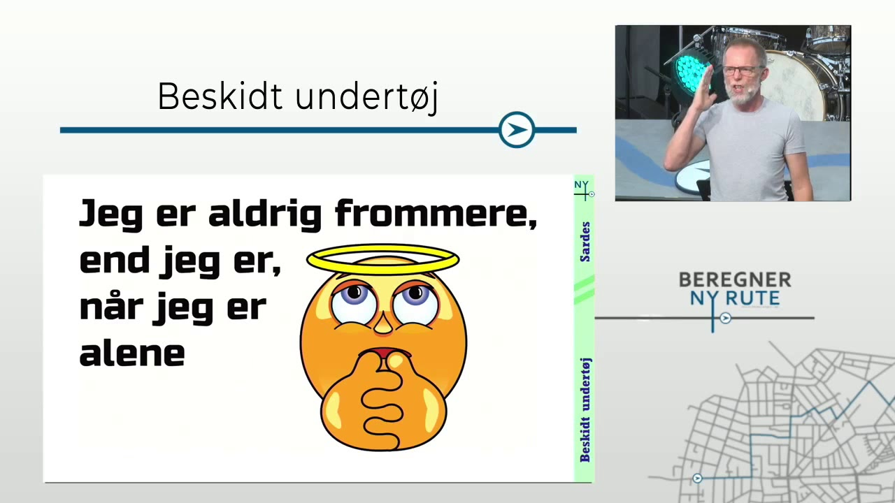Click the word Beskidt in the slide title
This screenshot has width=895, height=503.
(220, 96)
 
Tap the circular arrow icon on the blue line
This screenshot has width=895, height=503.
(517, 130)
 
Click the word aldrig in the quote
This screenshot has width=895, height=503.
(265, 215)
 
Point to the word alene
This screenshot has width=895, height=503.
(132, 353)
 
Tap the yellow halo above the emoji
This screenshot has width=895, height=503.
(382, 259)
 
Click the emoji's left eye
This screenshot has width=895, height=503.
(355, 303)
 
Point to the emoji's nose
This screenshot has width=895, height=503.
(383, 323)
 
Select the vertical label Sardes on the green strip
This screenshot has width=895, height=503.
(585, 242)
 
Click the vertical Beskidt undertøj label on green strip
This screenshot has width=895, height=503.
(585, 410)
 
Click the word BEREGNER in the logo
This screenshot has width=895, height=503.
(735, 280)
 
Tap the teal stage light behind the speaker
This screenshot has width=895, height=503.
(688, 72)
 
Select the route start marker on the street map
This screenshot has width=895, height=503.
(697, 479)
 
